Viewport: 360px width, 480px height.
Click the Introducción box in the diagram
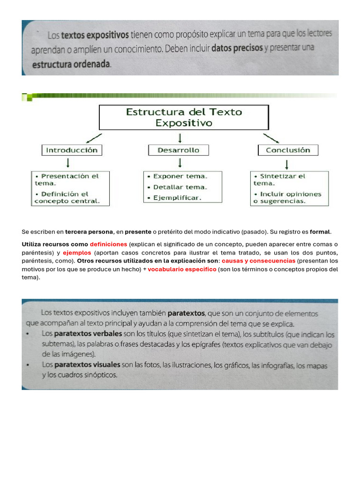tap(72, 150)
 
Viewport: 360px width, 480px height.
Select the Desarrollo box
tap(179, 150)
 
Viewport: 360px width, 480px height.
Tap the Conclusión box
tap(288, 150)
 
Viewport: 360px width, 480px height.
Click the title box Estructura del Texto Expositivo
tap(184, 117)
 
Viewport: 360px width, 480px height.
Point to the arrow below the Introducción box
tap(68, 163)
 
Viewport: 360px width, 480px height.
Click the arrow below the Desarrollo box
tap(180, 163)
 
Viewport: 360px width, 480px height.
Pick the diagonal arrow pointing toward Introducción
tap(94, 137)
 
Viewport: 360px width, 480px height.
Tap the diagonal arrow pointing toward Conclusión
tap(271, 138)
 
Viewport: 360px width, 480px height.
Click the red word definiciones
tap(108, 244)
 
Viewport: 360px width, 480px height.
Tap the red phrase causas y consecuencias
tap(258, 261)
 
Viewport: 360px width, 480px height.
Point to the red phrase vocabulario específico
tap(182, 269)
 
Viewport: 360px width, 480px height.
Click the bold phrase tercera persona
tap(89, 232)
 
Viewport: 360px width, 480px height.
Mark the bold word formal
tap(320, 232)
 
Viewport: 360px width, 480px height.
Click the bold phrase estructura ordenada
tap(71, 65)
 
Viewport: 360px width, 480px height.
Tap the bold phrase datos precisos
tap(237, 48)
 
